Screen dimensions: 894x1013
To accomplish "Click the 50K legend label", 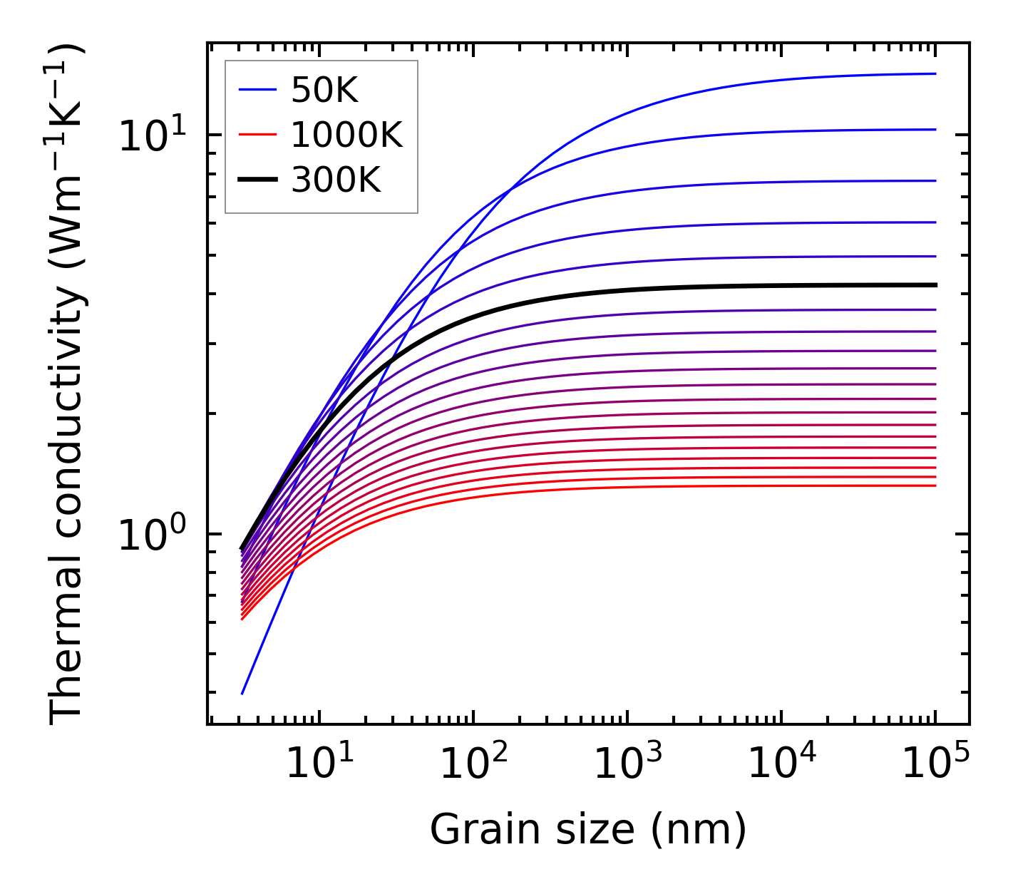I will coord(324,90).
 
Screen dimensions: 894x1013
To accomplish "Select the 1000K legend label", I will coord(346,135).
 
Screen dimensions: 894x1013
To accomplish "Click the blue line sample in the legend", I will coord(257,90).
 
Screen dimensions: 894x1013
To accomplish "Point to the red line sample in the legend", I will coord(257,135).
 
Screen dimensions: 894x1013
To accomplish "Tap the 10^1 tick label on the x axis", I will coord(319,764).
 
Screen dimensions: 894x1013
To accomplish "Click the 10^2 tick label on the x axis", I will coord(473,764).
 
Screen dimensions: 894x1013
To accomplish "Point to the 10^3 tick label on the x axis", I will coord(627,764).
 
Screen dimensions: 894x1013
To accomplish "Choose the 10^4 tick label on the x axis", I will coord(782,764).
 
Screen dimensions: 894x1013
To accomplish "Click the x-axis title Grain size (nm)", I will coord(588,831).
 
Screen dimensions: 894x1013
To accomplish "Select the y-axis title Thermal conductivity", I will coord(68,385).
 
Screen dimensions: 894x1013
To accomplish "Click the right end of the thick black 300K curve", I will coord(935,285).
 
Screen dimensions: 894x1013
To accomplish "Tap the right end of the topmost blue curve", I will coord(935,73).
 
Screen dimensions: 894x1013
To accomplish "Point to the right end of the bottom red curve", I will coord(935,485).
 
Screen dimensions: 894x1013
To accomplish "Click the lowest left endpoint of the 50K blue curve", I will coord(242,694).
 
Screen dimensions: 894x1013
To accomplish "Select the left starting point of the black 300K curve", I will coord(242,549).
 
